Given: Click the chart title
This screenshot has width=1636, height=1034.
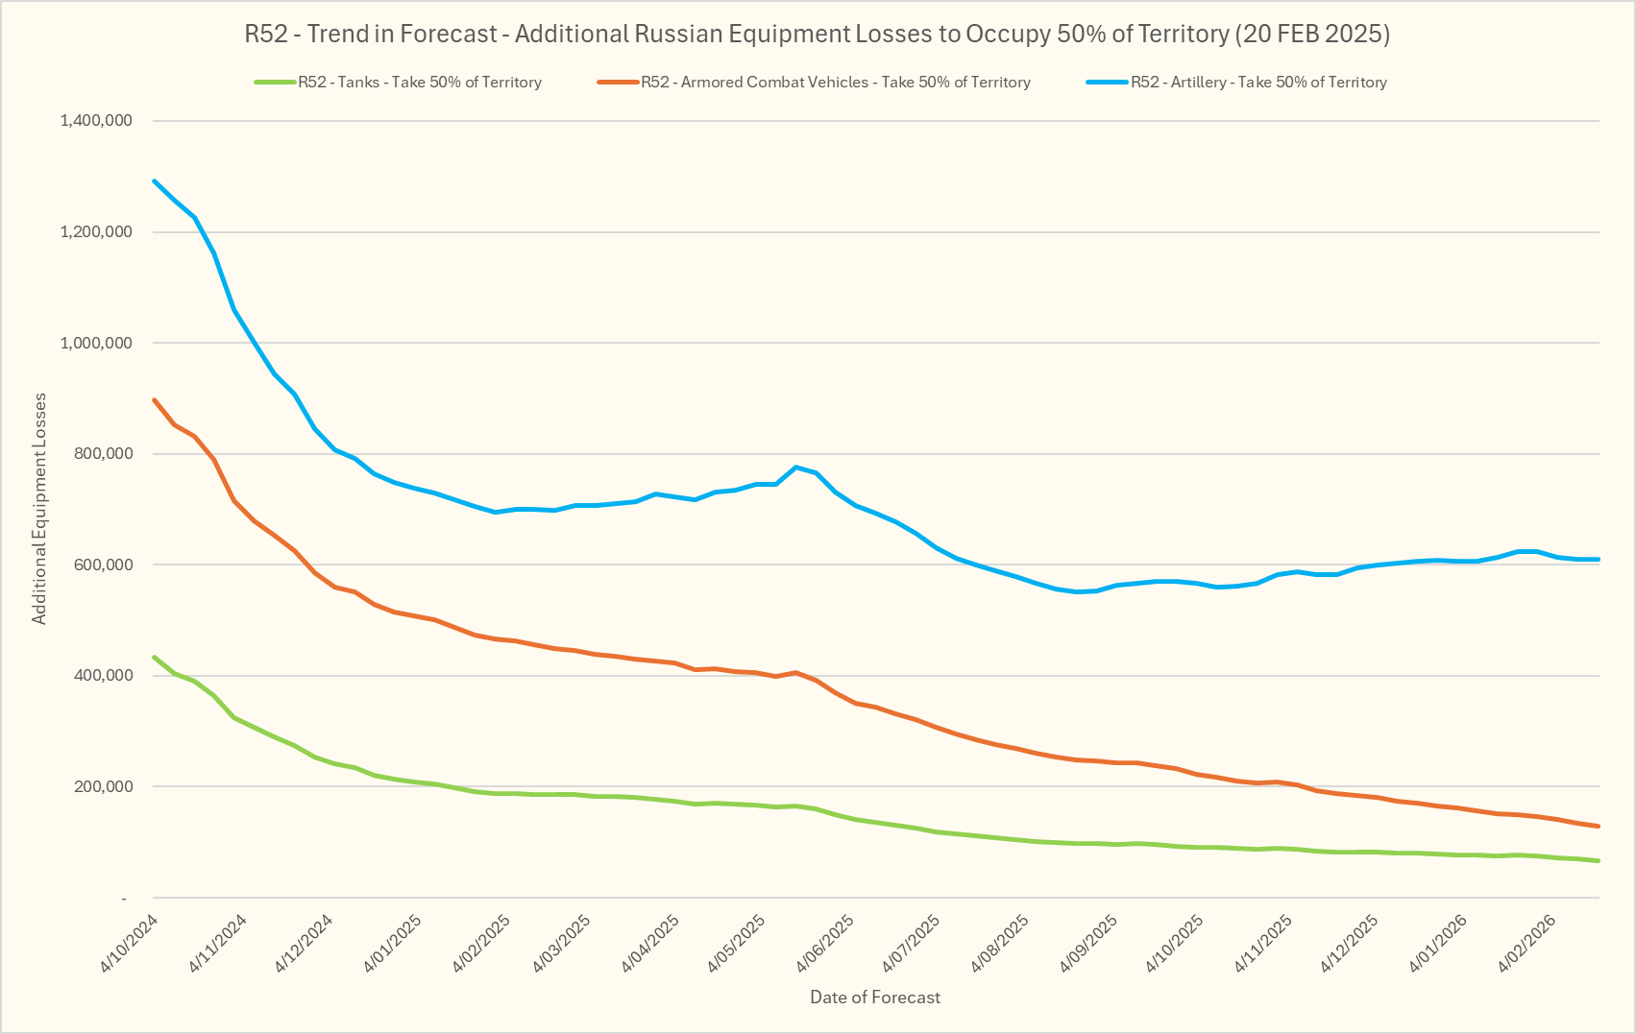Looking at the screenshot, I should [x=818, y=35].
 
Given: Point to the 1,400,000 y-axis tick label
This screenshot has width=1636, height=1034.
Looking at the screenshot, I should [x=95, y=121].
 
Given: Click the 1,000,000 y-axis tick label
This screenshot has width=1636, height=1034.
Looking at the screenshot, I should [x=95, y=343].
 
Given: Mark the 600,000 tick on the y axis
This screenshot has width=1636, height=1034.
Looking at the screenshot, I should [x=103, y=565].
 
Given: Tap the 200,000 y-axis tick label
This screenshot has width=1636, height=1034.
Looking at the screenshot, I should [x=103, y=786].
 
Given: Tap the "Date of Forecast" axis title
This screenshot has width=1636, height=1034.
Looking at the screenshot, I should [x=875, y=998].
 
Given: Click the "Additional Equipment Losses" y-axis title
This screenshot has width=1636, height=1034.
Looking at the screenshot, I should [x=39, y=509].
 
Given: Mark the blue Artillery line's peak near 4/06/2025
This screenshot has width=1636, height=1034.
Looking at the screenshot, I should [x=796, y=467].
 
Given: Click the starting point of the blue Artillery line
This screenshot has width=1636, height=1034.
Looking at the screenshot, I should [x=155, y=180].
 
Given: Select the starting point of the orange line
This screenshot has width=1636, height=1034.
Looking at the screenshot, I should [x=155, y=399].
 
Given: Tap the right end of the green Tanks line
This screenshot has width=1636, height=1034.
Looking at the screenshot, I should [x=1598, y=860].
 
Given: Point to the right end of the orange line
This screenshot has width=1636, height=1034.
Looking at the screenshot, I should [x=1598, y=826].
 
